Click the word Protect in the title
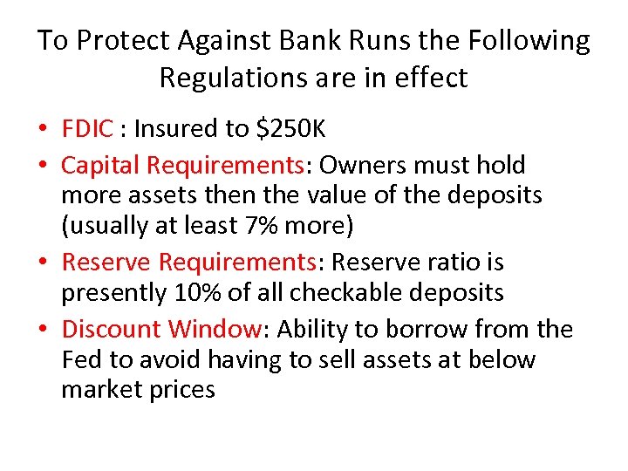122,41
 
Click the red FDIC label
87,129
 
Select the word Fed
79,359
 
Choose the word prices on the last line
179,389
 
